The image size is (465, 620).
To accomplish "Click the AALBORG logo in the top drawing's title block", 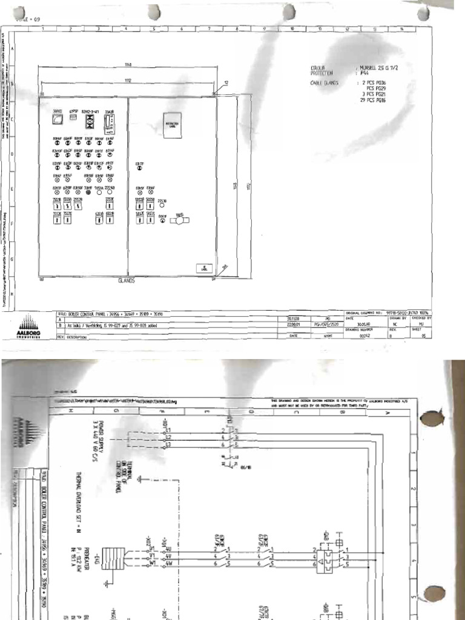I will click(x=28, y=326).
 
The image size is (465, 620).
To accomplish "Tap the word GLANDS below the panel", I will click(x=126, y=281).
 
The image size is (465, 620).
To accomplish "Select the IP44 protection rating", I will click(x=364, y=73).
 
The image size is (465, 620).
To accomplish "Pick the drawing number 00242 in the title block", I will click(x=364, y=334).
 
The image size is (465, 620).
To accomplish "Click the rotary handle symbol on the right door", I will click(x=179, y=221).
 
